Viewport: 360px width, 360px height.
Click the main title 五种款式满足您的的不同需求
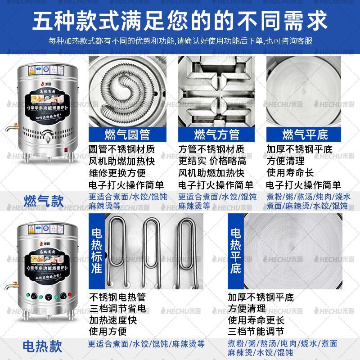click(180, 21)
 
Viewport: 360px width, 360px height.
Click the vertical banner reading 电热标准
click(97, 251)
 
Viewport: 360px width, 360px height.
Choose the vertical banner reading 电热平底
click(236, 251)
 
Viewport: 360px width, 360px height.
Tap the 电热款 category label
click(43, 346)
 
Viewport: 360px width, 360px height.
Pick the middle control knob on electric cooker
click(47, 297)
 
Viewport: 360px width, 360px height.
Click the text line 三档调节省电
click(117, 309)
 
